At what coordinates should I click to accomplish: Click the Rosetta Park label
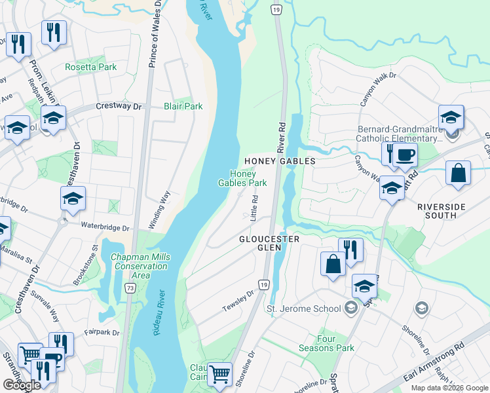(90, 67)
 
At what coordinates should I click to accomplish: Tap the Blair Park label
(183, 106)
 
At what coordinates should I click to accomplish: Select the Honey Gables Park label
(248, 178)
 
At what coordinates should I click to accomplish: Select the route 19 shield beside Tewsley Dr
(263, 284)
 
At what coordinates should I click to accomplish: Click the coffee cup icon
(406, 155)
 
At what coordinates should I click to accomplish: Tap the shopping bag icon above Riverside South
(458, 174)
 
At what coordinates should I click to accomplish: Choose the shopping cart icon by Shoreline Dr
(219, 374)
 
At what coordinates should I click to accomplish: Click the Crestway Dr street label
(119, 105)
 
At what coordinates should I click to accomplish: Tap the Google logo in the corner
(22, 385)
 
